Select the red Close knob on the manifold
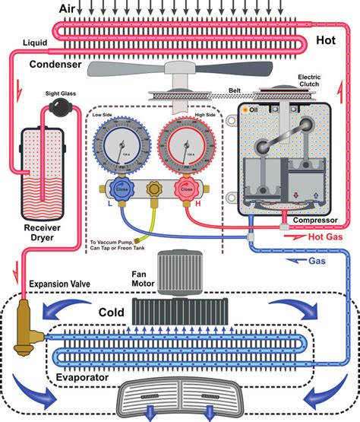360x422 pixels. pyautogui.click(x=182, y=190)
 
